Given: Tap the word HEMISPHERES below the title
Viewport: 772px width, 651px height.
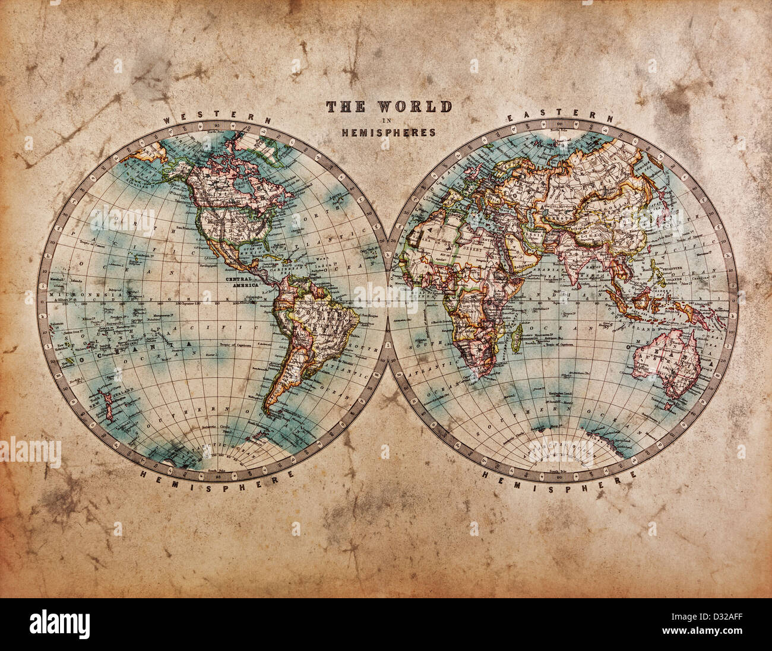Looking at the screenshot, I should point(388,133).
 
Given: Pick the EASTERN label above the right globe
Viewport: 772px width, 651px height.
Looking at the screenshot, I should point(559,116).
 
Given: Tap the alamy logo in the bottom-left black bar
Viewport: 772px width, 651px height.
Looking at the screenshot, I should point(59,624).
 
